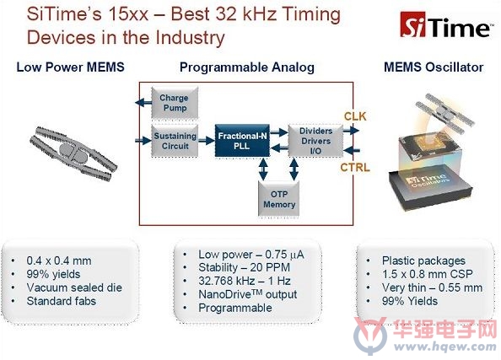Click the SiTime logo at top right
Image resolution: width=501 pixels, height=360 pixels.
pos(445,25)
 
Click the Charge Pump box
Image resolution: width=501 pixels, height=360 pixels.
pos(175,103)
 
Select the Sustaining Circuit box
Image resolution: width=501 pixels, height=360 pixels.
pos(175,141)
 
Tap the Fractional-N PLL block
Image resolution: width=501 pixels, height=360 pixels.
pos(242,141)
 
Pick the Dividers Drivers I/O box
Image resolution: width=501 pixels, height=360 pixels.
pos(315,141)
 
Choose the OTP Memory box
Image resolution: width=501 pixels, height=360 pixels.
pos(279,199)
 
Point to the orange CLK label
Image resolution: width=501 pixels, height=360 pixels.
pos(355,116)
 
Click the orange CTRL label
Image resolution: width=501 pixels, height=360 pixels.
pos(355,168)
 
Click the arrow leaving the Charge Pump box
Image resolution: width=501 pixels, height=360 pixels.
pos(143,103)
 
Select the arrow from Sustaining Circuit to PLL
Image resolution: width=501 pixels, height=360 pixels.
pos(207,140)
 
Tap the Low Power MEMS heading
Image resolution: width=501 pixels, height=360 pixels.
pos(70,67)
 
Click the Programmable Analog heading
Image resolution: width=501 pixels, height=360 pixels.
pos(246,67)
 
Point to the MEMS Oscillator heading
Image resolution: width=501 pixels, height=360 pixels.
pos(434,67)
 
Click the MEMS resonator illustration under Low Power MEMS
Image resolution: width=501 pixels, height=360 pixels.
pos(73,154)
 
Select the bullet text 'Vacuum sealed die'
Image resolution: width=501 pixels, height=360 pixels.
pos(74,287)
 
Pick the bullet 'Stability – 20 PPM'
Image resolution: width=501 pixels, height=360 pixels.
pos(244,267)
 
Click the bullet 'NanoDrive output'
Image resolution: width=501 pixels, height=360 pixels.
pos(248,294)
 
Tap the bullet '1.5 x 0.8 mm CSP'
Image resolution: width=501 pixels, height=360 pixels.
pos(427,274)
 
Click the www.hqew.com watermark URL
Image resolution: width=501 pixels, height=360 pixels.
pos(444,347)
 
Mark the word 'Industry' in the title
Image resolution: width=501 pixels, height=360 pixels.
pos(191,38)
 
